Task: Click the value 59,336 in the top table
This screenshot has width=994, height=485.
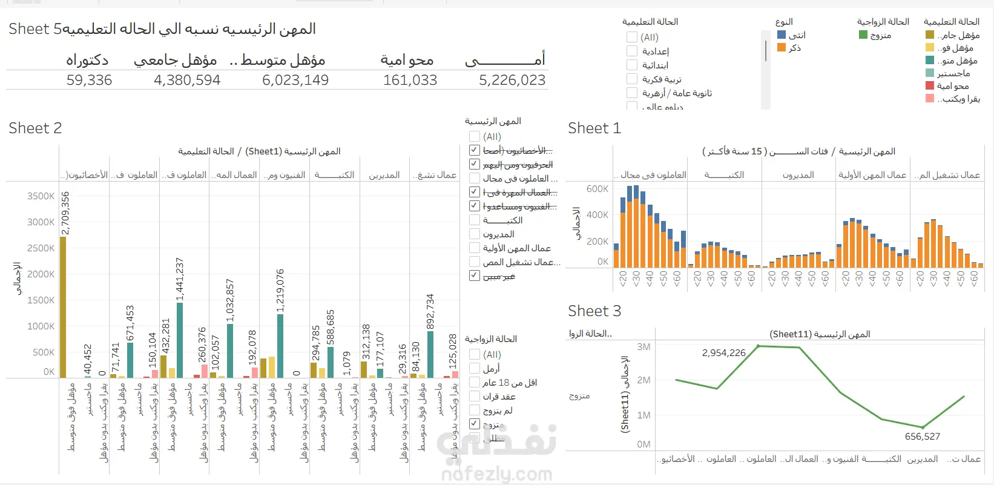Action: click(x=89, y=80)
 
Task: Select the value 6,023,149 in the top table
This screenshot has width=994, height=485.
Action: click(x=295, y=80)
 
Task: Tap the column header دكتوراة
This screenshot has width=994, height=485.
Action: click(x=87, y=60)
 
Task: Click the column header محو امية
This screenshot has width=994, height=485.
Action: click(x=407, y=60)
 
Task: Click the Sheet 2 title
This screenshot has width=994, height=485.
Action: click(x=35, y=128)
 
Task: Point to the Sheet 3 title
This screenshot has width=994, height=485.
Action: click(x=594, y=311)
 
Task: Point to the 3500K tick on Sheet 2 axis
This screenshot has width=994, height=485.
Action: click(x=41, y=196)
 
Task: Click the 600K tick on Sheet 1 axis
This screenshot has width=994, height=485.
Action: click(x=597, y=189)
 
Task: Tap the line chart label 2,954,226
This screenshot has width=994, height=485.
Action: click(x=723, y=353)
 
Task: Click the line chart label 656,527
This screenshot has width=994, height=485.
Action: click(x=922, y=437)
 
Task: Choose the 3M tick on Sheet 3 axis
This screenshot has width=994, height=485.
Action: click(x=643, y=347)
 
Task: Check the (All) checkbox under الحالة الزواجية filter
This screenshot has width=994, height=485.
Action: click(x=475, y=355)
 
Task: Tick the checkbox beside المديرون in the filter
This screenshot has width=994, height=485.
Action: click(x=475, y=234)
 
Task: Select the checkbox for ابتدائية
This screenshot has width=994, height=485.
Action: click(x=632, y=65)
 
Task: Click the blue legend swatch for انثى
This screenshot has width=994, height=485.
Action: click(x=782, y=35)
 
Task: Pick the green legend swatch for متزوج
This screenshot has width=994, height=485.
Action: click(x=863, y=35)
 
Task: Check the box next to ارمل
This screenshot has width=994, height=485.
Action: click(x=475, y=369)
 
